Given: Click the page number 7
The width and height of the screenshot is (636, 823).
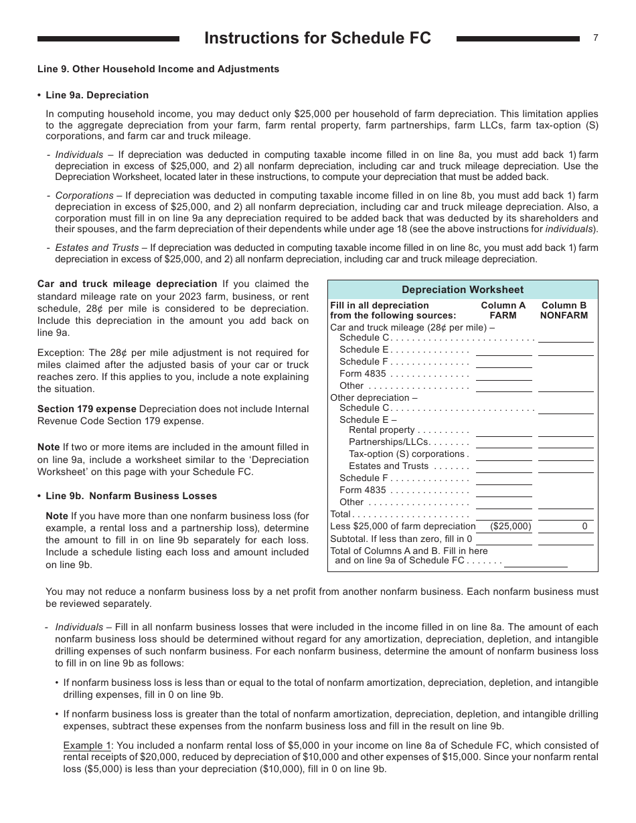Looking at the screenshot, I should [x=595, y=38].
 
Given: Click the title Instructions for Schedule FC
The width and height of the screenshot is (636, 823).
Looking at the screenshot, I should [x=317, y=39].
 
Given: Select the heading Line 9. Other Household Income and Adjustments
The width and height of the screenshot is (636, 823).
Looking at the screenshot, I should [x=158, y=69].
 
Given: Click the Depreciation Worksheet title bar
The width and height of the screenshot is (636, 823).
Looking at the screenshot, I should [x=463, y=290].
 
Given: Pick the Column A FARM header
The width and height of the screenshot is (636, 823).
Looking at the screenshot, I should [x=503, y=310].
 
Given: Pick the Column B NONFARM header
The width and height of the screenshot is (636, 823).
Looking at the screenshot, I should [x=564, y=310].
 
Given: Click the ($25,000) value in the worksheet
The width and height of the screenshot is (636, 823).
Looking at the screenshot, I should [x=510, y=527].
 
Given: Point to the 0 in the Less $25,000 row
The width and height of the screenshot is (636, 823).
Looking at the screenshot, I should [x=584, y=527].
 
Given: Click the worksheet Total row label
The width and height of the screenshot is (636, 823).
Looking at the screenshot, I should [x=341, y=515].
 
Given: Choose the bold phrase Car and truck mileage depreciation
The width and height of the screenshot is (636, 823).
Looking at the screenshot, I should [x=127, y=284].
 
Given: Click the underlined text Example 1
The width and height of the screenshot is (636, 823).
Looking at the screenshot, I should [x=87, y=745].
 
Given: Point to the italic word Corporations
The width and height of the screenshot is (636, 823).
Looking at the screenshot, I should [x=84, y=195].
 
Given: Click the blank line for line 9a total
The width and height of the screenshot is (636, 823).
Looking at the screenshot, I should [x=535, y=561].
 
